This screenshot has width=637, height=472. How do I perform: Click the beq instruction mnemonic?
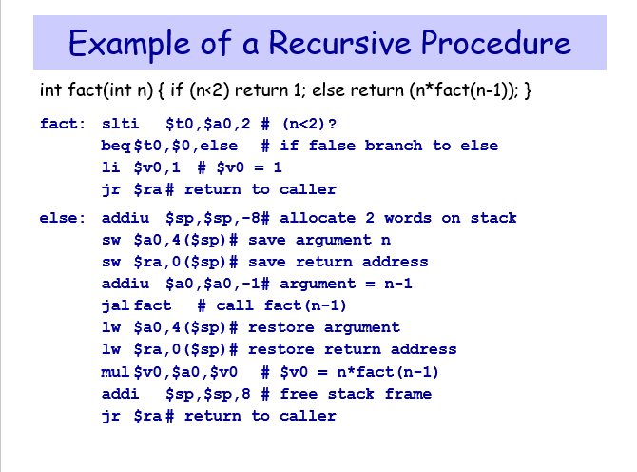click(x=116, y=146)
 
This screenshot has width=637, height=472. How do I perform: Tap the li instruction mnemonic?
click(x=110, y=167)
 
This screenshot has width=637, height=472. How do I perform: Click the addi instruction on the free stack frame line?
click(x=119, y=394)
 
